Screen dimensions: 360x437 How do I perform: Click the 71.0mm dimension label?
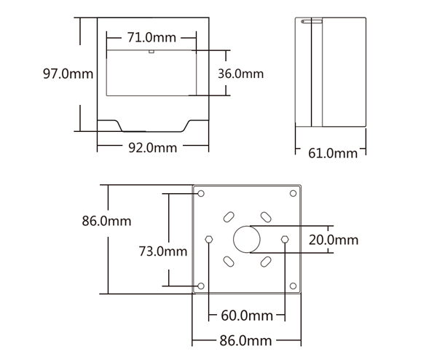point(151,37)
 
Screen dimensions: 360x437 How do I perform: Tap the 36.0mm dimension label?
point(240,74)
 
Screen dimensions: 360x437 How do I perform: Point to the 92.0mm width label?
point(153,147)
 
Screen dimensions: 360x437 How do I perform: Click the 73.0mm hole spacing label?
point(163,251)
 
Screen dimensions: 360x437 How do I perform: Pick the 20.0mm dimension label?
point(333,239)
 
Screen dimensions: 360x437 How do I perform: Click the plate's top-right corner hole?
point(294,193)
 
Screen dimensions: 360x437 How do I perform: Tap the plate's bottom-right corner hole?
point(294,286)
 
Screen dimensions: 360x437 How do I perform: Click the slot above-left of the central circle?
point(229,217)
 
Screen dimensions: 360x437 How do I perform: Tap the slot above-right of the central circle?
point(266,217)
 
